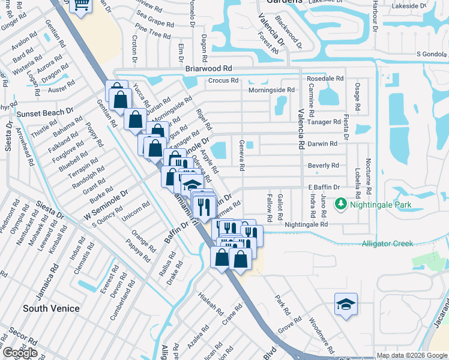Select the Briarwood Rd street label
[x=208, y=69]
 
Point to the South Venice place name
[x=51, y=308]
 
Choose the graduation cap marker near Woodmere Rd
[x=346, y=304]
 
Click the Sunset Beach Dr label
[x=45, y=112]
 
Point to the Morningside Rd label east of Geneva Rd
[x=273, y=90]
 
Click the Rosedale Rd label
[x=325, y=79]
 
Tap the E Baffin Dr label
[x=324, y=187]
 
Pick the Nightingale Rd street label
[x=306, y=224]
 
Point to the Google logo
[x=19, y=353]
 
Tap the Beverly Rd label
[x=323, y=165]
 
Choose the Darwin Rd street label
[x=323, y=143]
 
